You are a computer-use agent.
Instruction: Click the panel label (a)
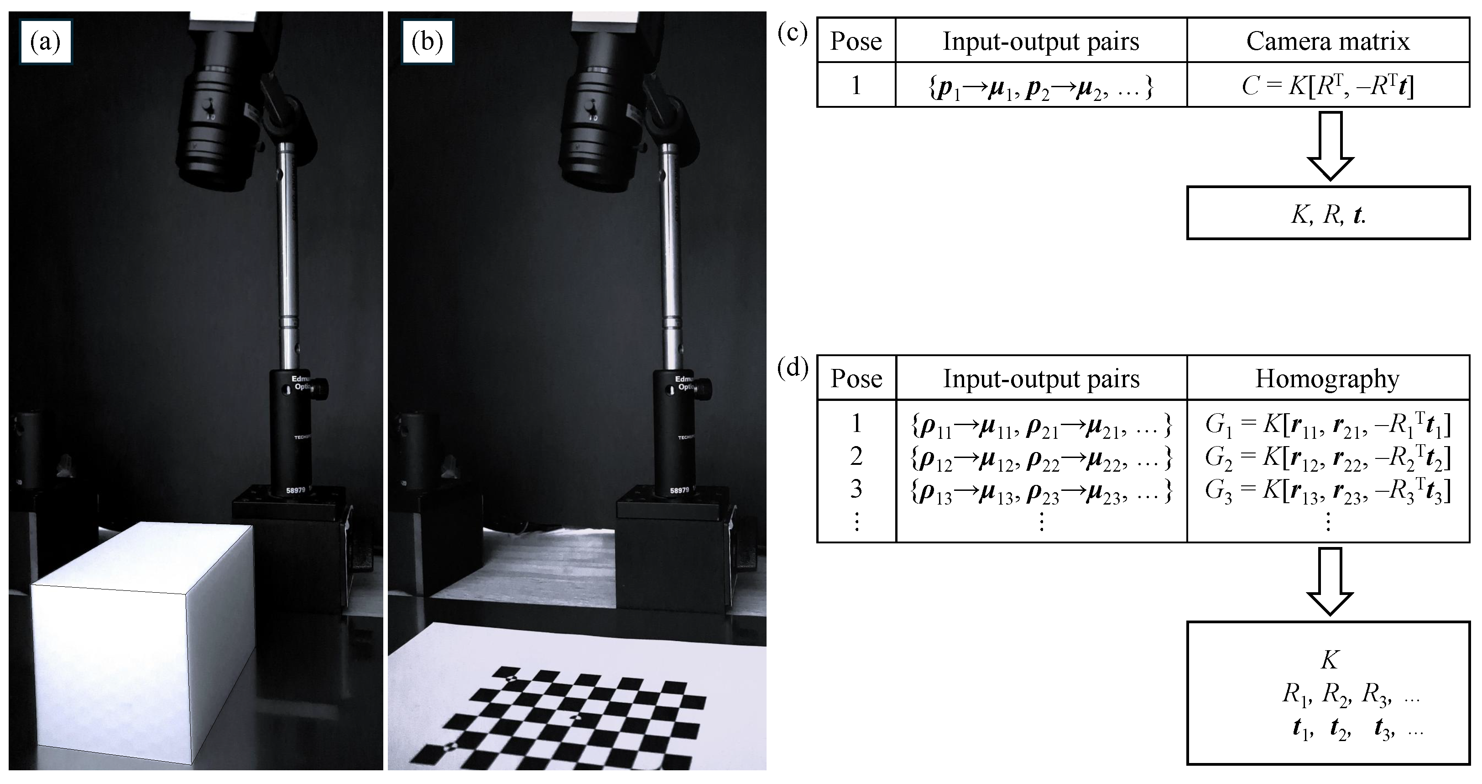[x=46, y=42]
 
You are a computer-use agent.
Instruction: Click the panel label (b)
[x=428, y=42]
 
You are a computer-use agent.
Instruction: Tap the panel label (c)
[x=793, y=33]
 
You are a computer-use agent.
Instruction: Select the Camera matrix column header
[x=1328, y=42]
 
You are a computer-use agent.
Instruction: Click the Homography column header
[x=1327, y=379]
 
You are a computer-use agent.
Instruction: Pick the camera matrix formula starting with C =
[x=1328, y=86]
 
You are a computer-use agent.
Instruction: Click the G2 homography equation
[x=1328, y=457]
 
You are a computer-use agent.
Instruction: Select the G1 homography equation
[x=1328, y=425]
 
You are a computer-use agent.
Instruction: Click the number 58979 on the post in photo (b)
[x=679, y=490]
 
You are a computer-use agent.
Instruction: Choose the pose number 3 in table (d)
[x=856, y=489]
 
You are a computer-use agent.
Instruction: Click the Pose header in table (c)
[x=856, y=42]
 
